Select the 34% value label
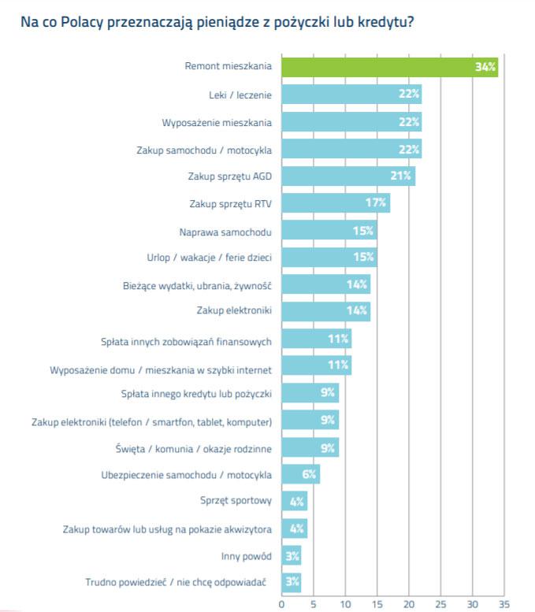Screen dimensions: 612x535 [x=485, y=67]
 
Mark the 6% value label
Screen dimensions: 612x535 [x=308, y=475]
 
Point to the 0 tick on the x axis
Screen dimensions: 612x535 [x=281, y=603]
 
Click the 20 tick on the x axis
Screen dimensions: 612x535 [x=409, y=603]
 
